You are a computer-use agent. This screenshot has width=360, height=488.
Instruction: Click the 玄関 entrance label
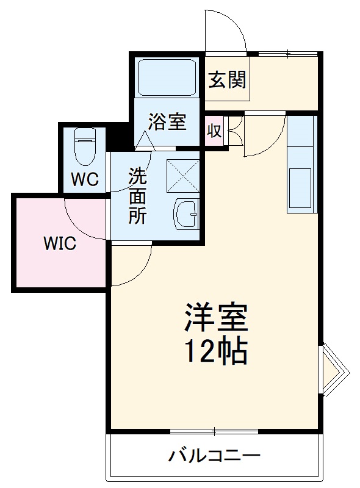[x=227, y=80]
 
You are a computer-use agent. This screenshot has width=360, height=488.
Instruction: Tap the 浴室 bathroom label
[x=167, y=122]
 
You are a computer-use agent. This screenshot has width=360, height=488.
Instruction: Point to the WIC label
[x=59, y=244]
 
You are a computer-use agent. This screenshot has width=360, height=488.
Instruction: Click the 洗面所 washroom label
[x=137, y=196]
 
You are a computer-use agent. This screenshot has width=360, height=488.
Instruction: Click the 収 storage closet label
[x=213, y=131]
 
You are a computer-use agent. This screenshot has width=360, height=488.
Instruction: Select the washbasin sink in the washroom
[x=185, y=213]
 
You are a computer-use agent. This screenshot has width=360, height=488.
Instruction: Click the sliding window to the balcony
[x=215, y=431]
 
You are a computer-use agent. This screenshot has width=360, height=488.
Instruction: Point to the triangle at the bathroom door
[x=145, y=142]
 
